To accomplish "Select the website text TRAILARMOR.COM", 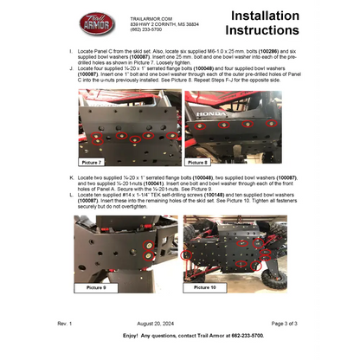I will [149, 17].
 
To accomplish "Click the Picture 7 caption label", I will [92, 162].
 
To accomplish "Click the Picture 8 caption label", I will [198, 162].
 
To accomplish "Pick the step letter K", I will [70, 176].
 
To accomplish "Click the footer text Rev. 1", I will [65, 322].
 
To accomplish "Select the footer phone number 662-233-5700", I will [245, 334].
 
